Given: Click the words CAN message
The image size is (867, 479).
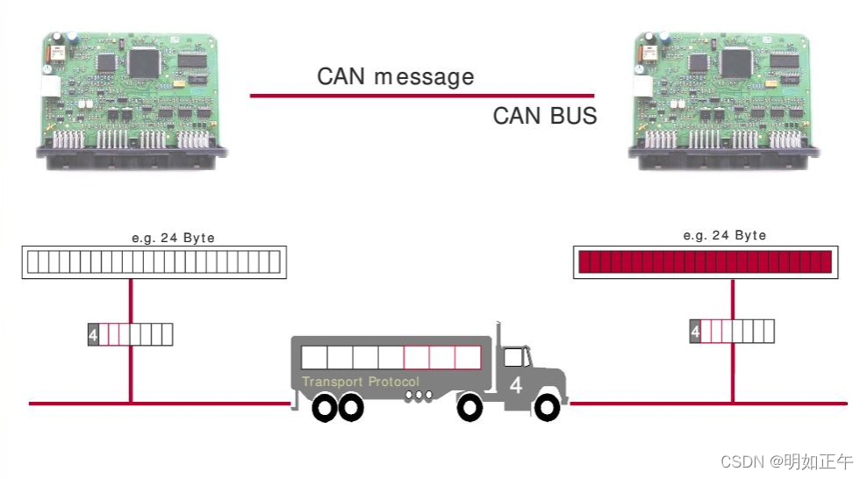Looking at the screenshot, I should click(395, 77).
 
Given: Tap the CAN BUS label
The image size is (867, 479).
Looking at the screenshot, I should click(544, 116).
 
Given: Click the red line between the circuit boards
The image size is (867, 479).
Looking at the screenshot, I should click(421, 96).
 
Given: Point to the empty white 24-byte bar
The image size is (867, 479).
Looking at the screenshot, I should click(153, 261).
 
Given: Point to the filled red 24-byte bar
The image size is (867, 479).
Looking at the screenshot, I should click(704, 261).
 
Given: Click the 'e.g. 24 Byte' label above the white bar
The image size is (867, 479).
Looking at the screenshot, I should click(173, 238).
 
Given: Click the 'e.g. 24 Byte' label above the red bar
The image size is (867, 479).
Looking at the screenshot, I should click(724, 235).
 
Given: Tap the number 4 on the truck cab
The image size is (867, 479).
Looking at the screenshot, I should click(516, 384).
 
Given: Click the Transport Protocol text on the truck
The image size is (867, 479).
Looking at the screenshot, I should click(361, 382).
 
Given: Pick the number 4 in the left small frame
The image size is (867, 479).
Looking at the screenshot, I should click(93, 334).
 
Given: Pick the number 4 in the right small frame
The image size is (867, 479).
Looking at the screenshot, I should click(695, 332).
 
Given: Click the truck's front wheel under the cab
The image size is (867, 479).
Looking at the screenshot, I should click(547, 407).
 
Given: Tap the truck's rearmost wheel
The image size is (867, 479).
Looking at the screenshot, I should click(323, 408).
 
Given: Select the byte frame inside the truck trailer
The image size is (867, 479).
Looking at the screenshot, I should click(391, 357).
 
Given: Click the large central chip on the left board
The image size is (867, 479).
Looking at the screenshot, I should click(143, 61).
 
